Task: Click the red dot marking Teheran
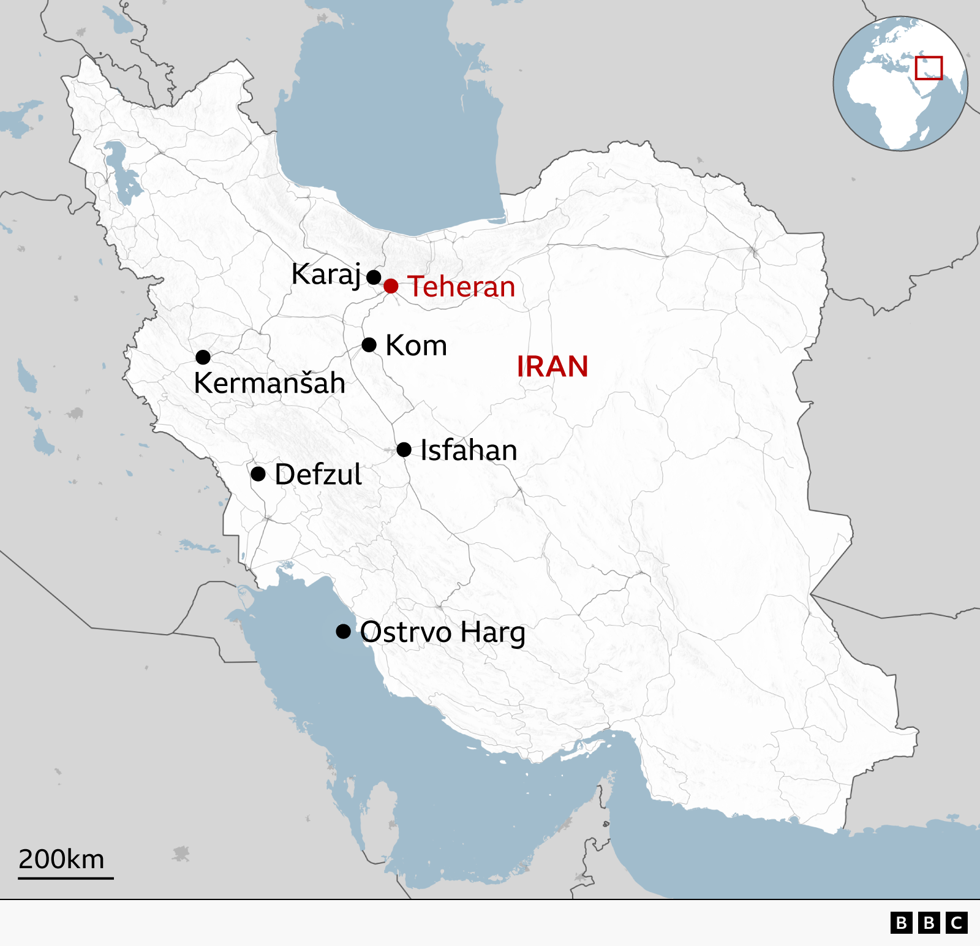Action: (391, 286)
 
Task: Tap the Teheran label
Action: (461, 287)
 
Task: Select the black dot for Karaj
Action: (374, 277)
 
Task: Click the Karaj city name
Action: (326, 274)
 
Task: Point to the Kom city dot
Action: (369, 344)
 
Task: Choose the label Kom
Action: (417, 346)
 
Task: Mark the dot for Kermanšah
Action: (203, 357)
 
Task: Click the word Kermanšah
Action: (269, 383)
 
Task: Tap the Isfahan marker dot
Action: (404, 449)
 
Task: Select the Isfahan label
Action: (469, 450)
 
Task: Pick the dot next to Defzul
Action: (258, 474)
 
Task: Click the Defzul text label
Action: (318, 475)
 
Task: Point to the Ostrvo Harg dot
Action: (344, 631)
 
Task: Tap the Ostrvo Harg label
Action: (442, 632)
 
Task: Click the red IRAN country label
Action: (552, 366)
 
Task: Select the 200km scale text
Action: (61, 859)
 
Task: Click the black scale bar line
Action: (66, 878)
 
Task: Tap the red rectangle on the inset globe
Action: (929, 68)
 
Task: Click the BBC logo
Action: (929, 923)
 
